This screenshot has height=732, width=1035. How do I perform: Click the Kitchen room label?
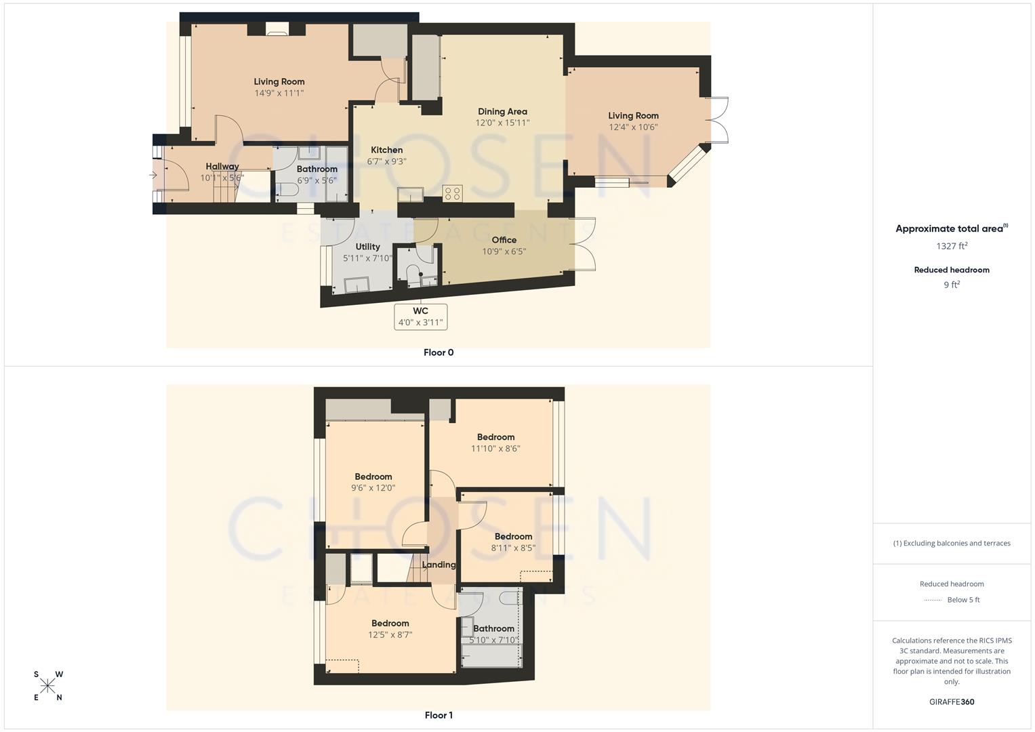(386, 150)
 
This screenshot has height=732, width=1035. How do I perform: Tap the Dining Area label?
(502, 112)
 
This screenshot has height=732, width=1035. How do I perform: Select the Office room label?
(504, 240)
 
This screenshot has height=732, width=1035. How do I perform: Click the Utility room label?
(367, 247)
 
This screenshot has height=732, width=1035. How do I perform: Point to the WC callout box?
(420, 317)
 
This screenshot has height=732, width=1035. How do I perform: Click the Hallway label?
(222, 166)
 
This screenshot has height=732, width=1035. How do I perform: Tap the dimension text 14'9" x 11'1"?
(279, 93)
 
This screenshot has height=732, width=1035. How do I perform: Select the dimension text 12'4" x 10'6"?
(633, 127)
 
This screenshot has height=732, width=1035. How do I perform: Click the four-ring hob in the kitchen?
(452, 193)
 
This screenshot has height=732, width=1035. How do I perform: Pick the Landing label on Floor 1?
(439, 565)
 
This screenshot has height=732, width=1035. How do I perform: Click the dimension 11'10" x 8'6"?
(495, 448)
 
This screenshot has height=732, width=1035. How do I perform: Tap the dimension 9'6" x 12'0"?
(373, 487)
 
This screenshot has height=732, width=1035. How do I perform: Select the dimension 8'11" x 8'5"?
(513, 548)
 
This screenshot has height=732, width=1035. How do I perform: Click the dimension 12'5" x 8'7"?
(390, 634)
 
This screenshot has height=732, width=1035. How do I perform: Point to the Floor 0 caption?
(439, 352)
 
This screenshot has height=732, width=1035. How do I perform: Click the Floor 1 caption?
(439, 715)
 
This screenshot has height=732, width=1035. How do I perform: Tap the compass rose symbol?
(48, 686)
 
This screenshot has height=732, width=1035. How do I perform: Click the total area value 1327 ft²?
(952, 246)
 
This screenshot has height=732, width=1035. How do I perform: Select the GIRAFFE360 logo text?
(952, 701)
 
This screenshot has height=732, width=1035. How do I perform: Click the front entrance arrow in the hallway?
(153, 176)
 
